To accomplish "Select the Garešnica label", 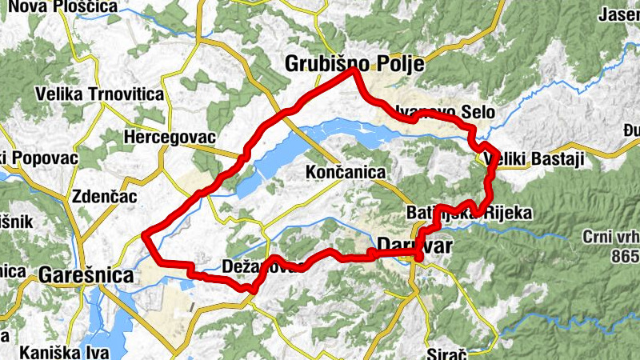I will click(86, 275).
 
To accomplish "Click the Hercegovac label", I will click(170, 138).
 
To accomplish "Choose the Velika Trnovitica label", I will click(100, 94).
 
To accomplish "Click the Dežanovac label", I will click(264, 266).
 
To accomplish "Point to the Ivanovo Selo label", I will click(448, 112).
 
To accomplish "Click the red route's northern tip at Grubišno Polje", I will click(354, 71).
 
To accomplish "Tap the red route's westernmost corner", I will click(145, 234).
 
